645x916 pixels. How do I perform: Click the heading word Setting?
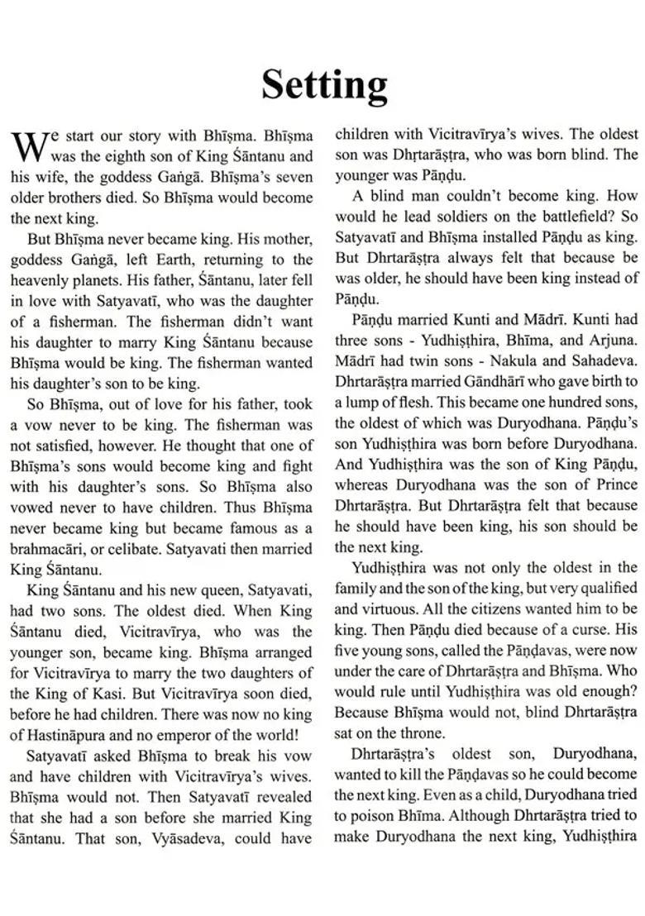point(324,83)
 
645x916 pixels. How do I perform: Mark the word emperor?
point(189,734)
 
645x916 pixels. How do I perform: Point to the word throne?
point(428,732)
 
